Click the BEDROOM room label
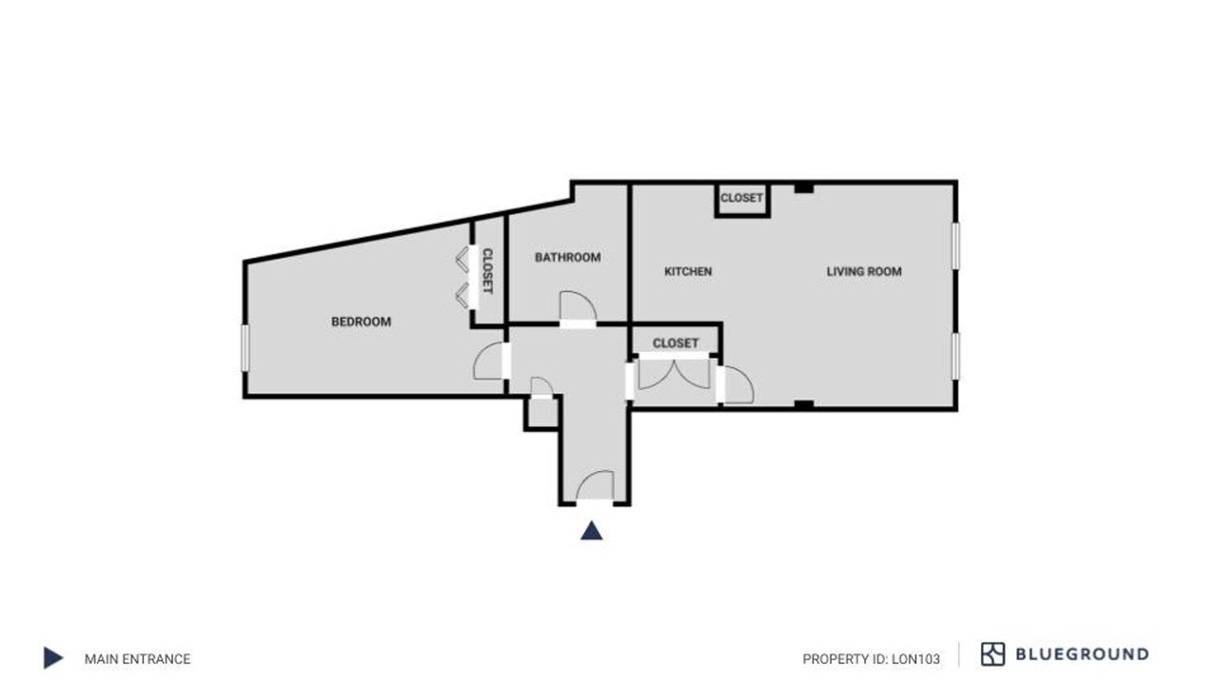pyautogui.click(x=361, y=322)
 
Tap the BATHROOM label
pyautogui.click(x=568, y=258)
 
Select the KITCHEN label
pyautogui.click(x=688, y=271)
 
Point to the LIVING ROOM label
pyautogui.click(x=864, y=271)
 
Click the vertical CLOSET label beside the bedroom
pyautogui.click(x=488, y=271)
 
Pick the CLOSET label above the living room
pyautogui.click(x=741, y=198)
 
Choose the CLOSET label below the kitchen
pyautogui.click(x=676, y=343)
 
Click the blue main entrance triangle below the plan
pyautogui.click(x=591, y=531)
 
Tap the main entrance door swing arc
pyautogui.click(x=586, y=478)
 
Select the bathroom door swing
pyautogui.click(x=586, y=298)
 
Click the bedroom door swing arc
pyautogui.click(x=481, y=353)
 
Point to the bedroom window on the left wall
pyautogui.click(x=246, y=348)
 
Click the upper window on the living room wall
pyautogui.click(x=955, y=245)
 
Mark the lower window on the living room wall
pyautogui.click(x=955, y=356)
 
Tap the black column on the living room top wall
pyautogui.click(x=804, y=188)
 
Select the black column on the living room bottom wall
pyautogui.click(x=804, y=404)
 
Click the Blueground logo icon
pyautogui.click(x=992, y=654)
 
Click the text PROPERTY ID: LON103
pyautogui.click(x=871, y=659)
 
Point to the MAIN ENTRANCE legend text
pyautogui.click(x=138, y=659)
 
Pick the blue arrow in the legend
pyautogui.click(x=52, y=657)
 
